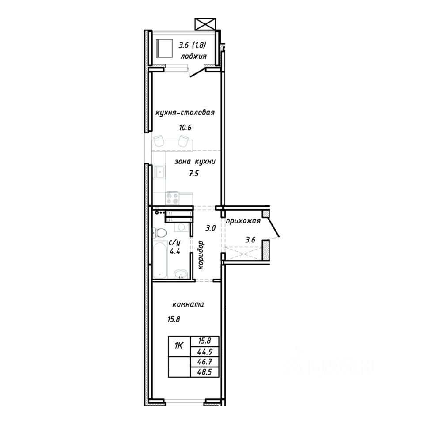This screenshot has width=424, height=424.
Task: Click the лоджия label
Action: (x=193, y=56)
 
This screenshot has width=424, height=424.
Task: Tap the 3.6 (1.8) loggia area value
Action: (x=193, y=45)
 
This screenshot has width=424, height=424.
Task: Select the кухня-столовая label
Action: (x=185, y=113)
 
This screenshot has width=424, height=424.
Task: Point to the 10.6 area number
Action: (x=185, y=127)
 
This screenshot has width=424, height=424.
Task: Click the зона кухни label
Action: (x=195, y=162)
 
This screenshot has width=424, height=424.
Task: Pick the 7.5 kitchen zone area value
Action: (x=193, y=174)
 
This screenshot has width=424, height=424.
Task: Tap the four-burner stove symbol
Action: (x=172, y=198)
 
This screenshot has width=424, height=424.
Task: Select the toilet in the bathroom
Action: (x=160, y=233)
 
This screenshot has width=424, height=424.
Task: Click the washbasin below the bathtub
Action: (x=180, y=274)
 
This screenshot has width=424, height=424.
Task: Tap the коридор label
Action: (x=201, y=255)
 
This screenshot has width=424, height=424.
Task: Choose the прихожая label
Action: (x=243, y=221)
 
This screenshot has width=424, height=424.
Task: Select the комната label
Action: (x=188, y=304)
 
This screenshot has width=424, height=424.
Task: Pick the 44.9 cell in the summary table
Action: (x=204, y=352)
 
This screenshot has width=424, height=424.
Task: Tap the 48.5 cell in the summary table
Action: (x=204, y=372)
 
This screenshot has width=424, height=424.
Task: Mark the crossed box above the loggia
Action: (x=205, y=24)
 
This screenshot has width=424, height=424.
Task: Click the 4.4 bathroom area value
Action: (x=175, y=251)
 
